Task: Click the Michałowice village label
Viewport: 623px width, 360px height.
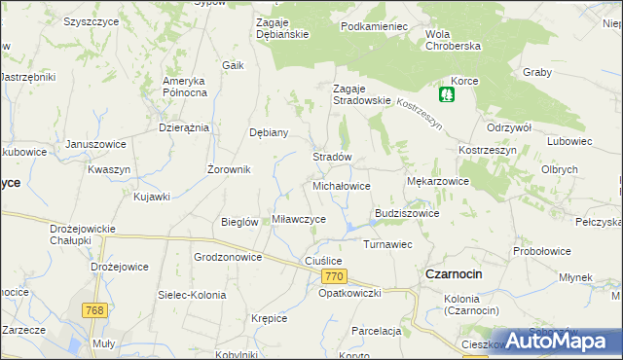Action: (341, 185)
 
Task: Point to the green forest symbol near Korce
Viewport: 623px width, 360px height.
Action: (447, 95)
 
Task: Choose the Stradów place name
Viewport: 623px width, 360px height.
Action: (331, 157)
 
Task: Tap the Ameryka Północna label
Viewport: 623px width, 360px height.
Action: (185, 86)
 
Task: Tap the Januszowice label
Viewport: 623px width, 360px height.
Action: (96, 144)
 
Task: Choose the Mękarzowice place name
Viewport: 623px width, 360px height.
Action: (437, 181)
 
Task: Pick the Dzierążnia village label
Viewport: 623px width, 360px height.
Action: (184, 127)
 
